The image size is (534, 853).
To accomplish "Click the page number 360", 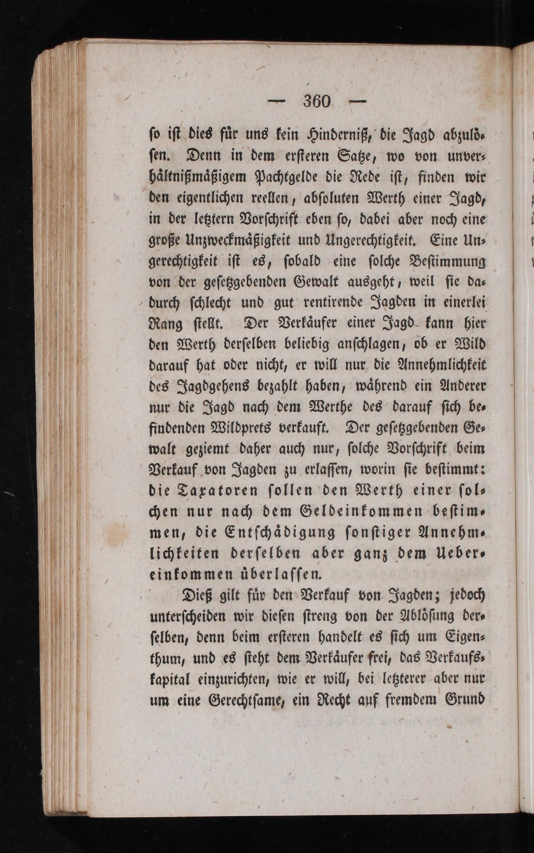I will point(317,101).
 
